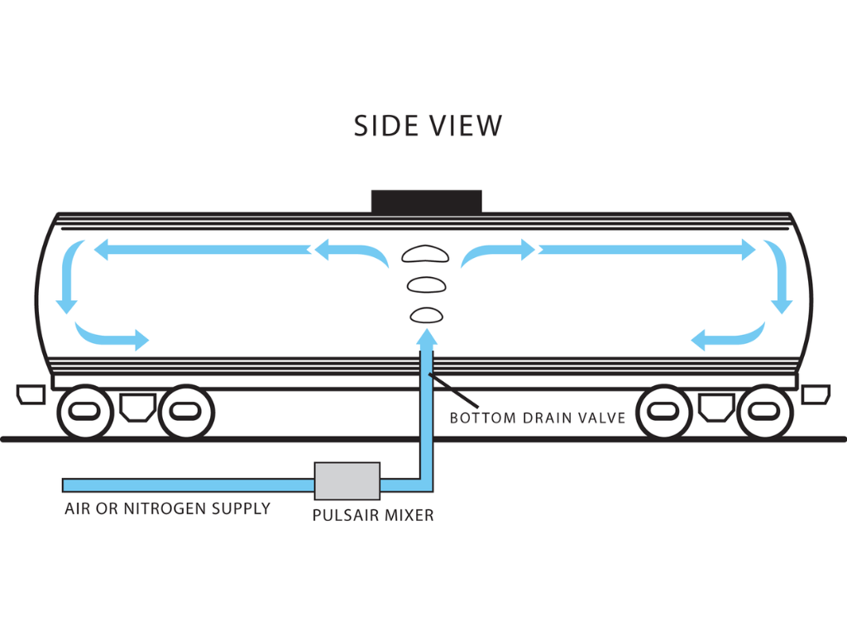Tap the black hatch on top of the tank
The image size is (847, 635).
coord(426,201)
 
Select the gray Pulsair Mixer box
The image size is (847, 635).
coord(347,480)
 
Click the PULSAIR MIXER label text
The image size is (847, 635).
coord(372,516)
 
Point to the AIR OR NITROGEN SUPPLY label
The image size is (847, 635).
coord(167,508)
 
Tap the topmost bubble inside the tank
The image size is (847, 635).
coord(423,254)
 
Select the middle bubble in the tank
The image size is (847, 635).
coord(426,284)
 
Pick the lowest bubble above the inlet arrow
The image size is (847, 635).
coord(426,314)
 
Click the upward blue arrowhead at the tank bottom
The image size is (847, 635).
coord(426,337)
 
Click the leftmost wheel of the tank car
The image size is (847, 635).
coord(84,411)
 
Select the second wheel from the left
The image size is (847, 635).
coord(187,411)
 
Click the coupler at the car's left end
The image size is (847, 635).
coord(31,394)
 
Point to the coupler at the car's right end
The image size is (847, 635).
coord(816,394)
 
